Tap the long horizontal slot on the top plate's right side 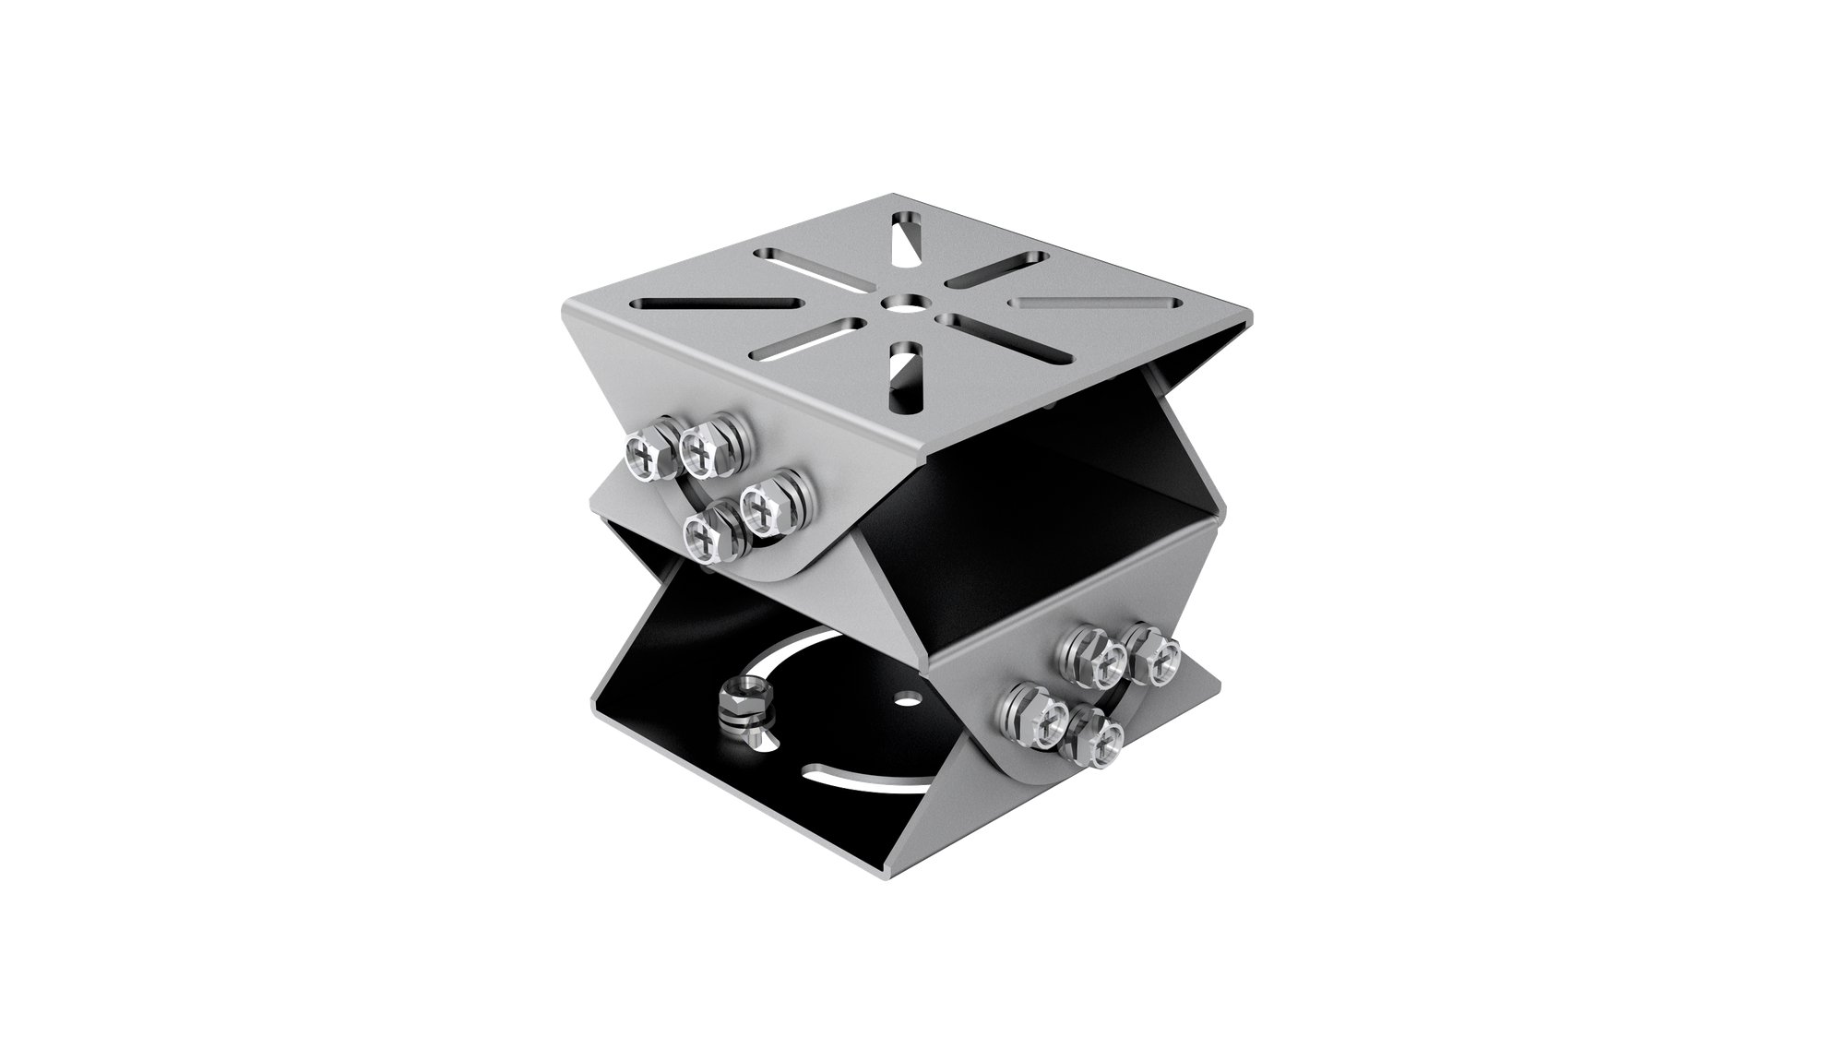click(1096, 302)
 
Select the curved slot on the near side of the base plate click(858, 773)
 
